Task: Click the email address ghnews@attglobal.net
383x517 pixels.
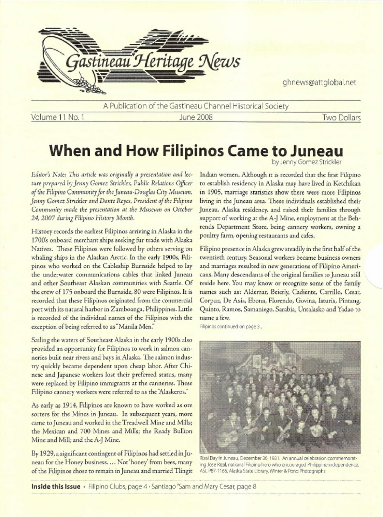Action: click(x=319, y=82)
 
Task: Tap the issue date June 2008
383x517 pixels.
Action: click(x=196, y=117)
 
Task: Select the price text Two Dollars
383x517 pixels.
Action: click(x=341, y=118)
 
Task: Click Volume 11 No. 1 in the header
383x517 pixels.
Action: click(x=58, y=117)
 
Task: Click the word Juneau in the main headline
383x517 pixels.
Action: click(x=316, y=151)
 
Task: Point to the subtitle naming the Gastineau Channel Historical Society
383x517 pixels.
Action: click(x=196, y=106)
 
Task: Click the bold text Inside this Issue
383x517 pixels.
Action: click(x=56, y=487)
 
